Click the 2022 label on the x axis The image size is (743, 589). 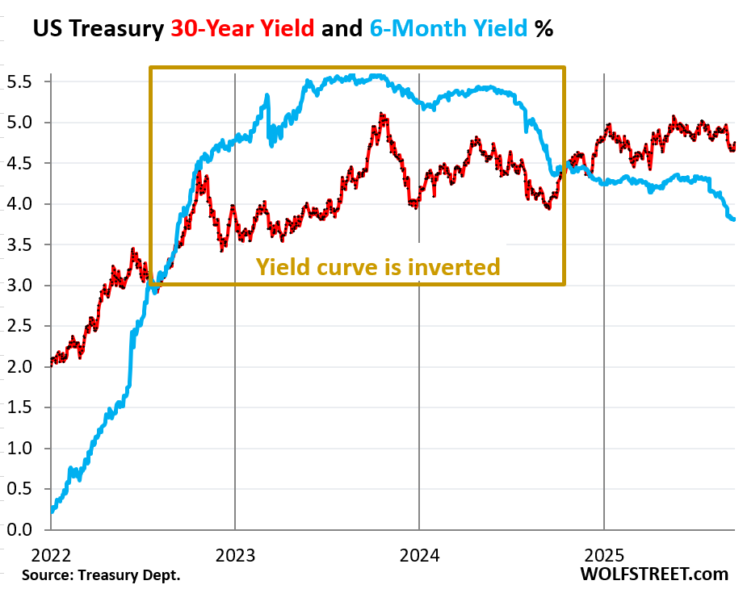[50, 554]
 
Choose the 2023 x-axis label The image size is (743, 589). [235, 554]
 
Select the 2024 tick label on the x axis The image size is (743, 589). [419, 554]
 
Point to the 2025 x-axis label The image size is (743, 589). [604, 554]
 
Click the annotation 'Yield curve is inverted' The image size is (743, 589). [378, 266]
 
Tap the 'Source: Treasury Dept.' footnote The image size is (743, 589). [101, 575]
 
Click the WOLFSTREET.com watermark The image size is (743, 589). [654, 574]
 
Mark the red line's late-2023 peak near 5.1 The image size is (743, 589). [381, 115]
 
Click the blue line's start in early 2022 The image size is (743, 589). [52, 510]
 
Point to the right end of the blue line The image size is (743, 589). [733, 219]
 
